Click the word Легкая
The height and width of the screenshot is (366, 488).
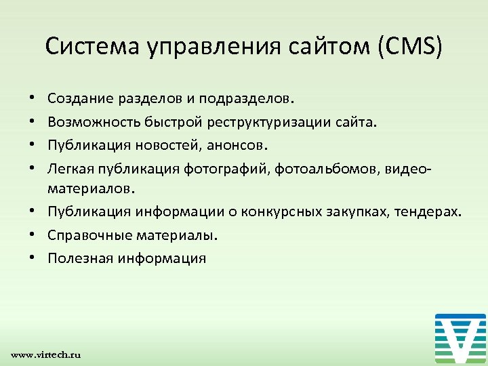point(70,167)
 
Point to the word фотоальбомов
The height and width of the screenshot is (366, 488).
point(319,167)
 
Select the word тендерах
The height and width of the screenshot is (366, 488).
point(431,213)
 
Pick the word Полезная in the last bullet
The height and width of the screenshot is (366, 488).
point(79,258)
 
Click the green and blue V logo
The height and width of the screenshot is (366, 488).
point(460,338)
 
